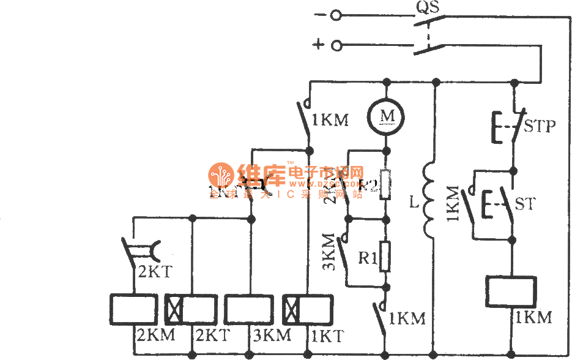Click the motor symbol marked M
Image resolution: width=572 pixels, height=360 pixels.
click(x=386, y=114)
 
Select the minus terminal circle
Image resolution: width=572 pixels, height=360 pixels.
click(x=335, y=15)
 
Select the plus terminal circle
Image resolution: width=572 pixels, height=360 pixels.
click(x=335, y=46)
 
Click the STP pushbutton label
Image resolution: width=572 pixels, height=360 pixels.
click(x=540, y=126)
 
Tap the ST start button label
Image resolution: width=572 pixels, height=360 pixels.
click(x=525, y=203)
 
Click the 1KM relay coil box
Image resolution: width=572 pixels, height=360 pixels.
click(x=510, y=292)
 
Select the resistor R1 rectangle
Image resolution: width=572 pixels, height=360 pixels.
click(x=385, y=256)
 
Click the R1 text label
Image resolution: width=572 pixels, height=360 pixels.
click(x=367, y=258)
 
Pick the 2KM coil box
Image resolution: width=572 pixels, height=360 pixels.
click(x=135, y=310)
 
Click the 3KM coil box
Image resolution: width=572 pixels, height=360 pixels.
click(x=249, y=310)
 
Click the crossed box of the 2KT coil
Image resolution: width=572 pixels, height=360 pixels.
click(x=175, y=310)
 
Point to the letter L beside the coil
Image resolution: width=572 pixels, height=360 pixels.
click(x=414, y=203)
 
